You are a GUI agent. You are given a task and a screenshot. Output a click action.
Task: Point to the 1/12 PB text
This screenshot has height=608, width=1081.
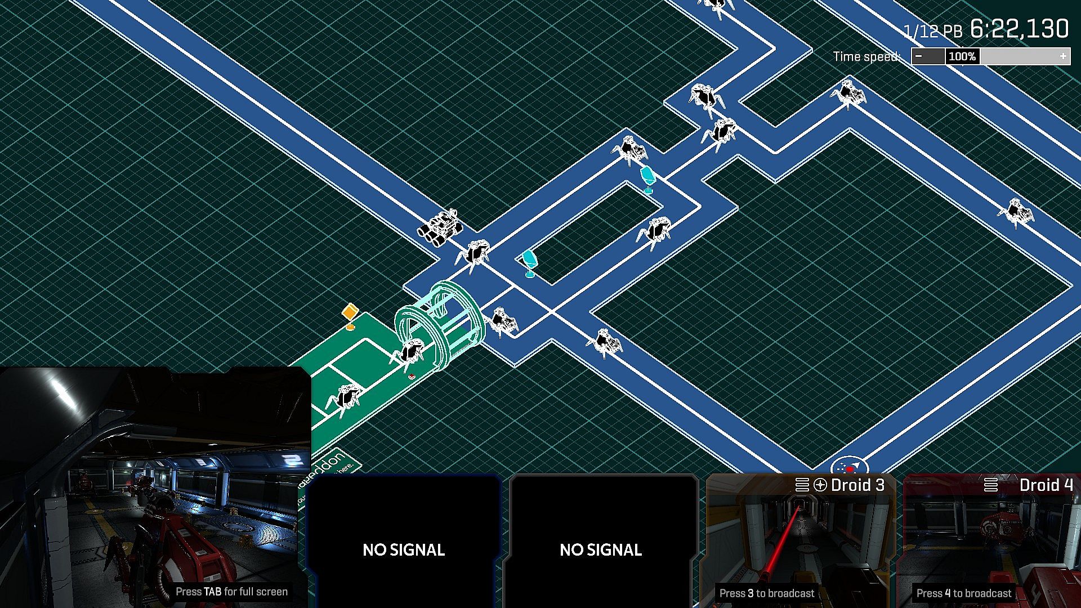932,31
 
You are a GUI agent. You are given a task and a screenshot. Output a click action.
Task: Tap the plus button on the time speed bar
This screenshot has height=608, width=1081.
1062,56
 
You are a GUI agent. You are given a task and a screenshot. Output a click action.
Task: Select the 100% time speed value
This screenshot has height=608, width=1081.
962,56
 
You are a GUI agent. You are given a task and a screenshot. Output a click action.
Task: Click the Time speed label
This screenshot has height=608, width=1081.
866,56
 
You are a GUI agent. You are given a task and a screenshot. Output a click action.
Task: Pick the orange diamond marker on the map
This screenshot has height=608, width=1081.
350,312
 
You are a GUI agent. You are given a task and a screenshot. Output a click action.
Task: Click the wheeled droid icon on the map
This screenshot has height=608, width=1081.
440,228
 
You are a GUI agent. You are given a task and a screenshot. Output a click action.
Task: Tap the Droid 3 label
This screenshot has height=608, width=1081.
857,485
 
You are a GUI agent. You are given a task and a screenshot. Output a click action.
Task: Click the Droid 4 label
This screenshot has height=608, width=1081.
1046,485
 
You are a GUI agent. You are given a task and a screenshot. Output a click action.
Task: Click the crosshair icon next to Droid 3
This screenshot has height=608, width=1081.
820,485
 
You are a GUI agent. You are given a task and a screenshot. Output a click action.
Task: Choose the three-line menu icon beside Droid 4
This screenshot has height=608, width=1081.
991,485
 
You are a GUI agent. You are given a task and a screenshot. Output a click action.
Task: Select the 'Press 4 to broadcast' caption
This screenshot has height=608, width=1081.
964,593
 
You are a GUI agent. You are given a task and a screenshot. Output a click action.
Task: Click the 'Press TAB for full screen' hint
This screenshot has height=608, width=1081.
231,592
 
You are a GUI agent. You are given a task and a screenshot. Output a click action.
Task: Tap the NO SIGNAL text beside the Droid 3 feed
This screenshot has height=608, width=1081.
601,549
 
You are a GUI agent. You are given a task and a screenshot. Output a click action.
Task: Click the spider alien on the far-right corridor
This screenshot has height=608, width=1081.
1015,213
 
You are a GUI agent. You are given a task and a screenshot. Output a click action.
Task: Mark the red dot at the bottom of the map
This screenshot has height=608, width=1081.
850,469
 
